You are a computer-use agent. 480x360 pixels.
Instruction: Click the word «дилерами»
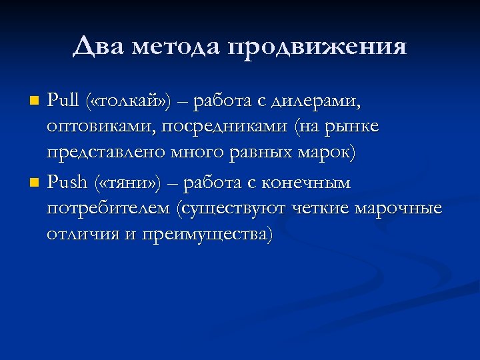coord(319,101)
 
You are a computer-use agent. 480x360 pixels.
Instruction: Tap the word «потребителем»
coord(107,209)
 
